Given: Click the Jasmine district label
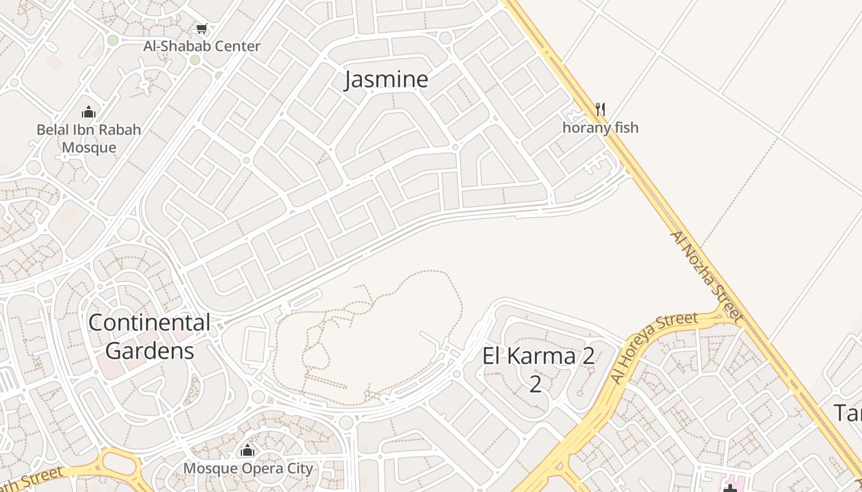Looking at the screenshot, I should pos(386,79).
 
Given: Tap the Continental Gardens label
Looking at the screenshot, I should pos(150,336).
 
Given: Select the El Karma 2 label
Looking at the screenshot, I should pos(538,356).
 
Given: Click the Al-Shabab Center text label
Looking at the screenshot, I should pos(202,46).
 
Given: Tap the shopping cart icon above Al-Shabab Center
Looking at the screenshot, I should pos(201,28).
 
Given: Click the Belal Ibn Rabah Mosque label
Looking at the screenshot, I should pos(89,138).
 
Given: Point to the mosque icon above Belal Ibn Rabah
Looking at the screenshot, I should pos(89,112).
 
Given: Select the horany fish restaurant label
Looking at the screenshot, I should pos(600,128).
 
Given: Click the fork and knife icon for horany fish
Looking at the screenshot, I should pos(600,109).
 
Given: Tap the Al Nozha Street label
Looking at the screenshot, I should pos(707,277).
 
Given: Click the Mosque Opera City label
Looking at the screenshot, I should pos(248,469).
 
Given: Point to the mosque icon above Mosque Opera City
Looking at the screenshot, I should pos(248,450).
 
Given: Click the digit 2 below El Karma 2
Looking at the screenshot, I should pos(536,384).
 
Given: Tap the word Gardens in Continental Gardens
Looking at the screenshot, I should pos(150,351).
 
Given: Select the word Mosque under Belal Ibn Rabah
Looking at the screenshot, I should pos(89,148).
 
